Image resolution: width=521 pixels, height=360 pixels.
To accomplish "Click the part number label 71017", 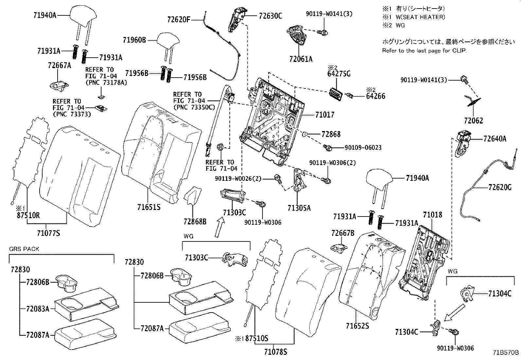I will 325,115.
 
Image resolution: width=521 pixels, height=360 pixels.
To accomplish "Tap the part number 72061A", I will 300,59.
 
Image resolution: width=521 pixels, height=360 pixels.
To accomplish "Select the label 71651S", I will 149,207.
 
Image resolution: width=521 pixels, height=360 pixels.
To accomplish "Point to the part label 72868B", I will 195,222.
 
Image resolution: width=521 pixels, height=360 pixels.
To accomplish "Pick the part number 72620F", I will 178,19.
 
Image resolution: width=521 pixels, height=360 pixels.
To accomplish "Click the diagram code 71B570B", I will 506,353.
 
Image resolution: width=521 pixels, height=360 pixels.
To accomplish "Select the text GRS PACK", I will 24,249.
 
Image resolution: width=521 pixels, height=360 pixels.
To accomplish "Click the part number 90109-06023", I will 363,148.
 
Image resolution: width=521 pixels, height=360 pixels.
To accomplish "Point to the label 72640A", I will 495,139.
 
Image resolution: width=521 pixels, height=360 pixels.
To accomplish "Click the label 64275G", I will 339,74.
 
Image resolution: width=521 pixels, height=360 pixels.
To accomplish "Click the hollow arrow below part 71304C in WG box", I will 455,312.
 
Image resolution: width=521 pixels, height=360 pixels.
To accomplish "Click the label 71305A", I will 299,208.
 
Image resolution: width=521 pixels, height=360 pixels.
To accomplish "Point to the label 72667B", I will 343,233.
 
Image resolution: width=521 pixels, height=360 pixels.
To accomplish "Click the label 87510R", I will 28,215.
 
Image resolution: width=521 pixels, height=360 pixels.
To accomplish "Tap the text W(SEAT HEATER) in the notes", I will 420,17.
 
